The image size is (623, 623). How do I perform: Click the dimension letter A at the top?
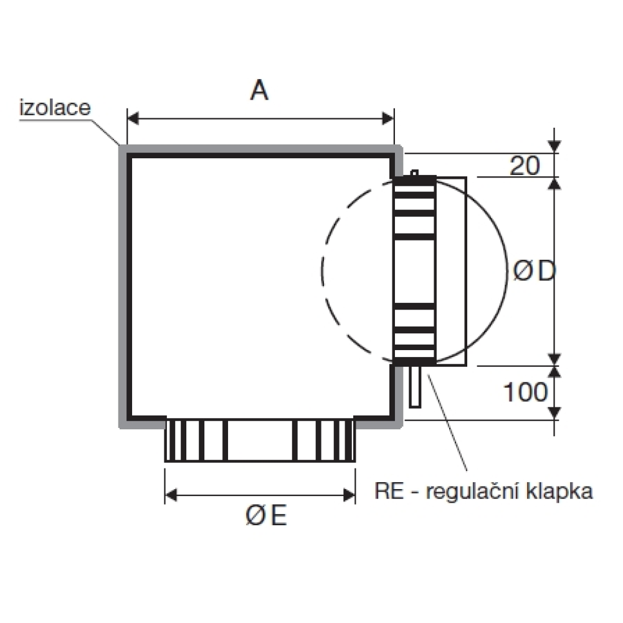click(x=259, y=91)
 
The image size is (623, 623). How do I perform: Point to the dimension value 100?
click(x=525, y=392)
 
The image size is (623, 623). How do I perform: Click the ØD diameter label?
click(x=533, y=272)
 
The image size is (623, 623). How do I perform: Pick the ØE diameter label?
click(x=266, y=516)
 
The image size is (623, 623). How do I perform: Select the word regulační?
click(x=471, y=493)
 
